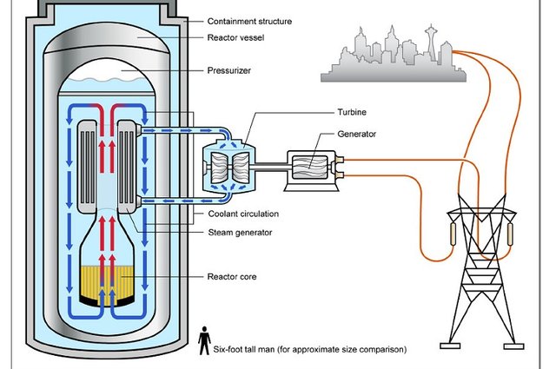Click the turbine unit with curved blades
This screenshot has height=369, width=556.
coord(226,168)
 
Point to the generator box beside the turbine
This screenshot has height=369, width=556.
coord(310,167)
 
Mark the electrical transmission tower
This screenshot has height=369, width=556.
coord(477,260)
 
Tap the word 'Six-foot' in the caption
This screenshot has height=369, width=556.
coord(230,350)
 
